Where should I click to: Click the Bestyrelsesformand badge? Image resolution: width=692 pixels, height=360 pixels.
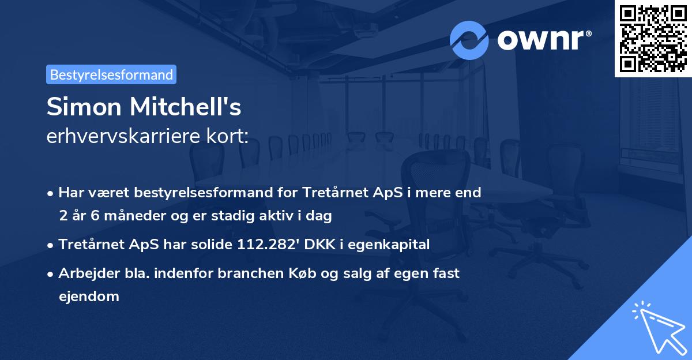tap(111, 74)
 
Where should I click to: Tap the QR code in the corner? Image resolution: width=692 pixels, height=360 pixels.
tap(653, 39)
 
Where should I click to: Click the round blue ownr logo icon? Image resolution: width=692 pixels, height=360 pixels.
tap(469, 40)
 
